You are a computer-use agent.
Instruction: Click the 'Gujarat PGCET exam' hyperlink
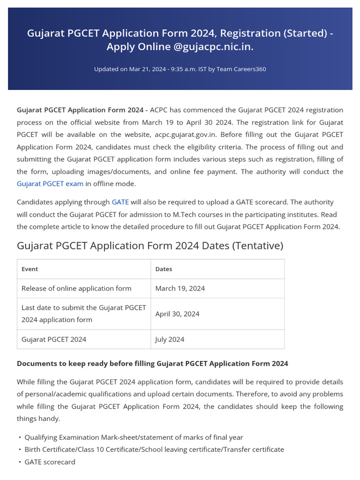coord(50,184)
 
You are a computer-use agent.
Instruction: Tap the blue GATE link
coord(120,202)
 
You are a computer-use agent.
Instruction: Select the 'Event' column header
coord(30,269)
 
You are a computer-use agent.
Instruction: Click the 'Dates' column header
coord(164,269)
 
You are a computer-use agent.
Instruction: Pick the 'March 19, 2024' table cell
coord(180,288)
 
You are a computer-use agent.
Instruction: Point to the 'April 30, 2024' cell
coord(177,314)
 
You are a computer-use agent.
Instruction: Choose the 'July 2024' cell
coord(170,339)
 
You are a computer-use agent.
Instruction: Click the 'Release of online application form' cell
coord(76,288)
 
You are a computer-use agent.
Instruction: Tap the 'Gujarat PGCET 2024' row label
coord(54,339)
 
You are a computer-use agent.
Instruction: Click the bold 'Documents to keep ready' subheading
coord(152,363)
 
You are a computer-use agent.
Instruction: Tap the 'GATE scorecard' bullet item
coord(50,462)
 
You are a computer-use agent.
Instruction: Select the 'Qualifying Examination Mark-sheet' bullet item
coord(134,437)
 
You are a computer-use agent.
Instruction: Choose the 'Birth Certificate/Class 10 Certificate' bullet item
coord(154,450)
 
